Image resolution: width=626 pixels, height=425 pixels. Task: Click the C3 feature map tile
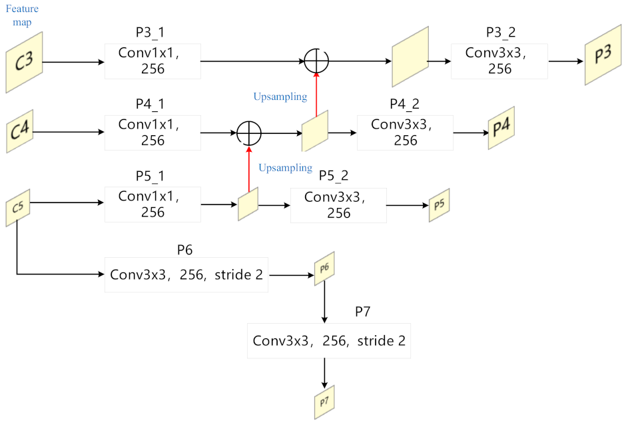(x=24, y=63)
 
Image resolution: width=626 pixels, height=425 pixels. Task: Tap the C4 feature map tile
(x=20, y=131)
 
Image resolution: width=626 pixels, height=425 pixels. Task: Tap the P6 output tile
(x=324, y=268)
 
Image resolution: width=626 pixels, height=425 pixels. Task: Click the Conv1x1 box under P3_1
(x=153, y=62)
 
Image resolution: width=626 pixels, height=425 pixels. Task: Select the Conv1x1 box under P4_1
(x=153, y=133)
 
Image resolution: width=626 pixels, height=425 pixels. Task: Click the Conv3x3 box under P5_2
(x=338, y=205)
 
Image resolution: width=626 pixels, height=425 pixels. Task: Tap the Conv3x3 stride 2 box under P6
(x=186, y=274)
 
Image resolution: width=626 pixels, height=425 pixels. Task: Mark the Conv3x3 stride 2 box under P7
(x=329, y=340)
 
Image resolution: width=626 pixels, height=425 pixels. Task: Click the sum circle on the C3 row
(x=316, y=61)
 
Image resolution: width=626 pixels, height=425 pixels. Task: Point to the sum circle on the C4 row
(x=249, y=133)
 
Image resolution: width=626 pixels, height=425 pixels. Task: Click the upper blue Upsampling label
(x=280, y=97)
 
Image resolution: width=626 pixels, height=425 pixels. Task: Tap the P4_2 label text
(x=405, y=105)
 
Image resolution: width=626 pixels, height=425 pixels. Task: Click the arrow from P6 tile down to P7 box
(x=324, y=303)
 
